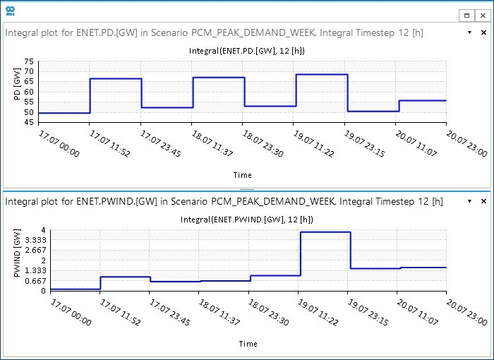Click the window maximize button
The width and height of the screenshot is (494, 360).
466,14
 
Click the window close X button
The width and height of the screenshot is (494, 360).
482,14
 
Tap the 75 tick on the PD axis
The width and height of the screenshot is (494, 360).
29,62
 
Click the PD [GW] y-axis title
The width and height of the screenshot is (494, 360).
17,92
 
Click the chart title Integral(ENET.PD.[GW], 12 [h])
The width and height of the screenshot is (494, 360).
246,51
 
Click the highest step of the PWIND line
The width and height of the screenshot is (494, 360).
325,232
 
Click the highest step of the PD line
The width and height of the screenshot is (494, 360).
322,75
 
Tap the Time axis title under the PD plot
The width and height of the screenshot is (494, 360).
242,175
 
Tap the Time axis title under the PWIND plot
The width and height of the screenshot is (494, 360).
248,344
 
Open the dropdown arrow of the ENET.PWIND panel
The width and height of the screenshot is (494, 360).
470,201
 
